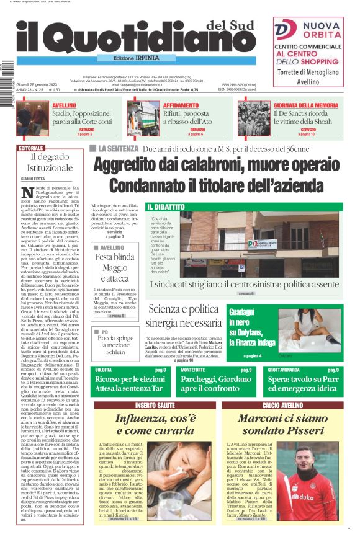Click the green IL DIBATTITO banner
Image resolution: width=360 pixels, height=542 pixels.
tap(167, 207)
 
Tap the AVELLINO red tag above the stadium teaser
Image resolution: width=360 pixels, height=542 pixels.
tap(65, 105)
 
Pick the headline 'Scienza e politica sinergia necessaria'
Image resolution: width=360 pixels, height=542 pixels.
tap(184, 316)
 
